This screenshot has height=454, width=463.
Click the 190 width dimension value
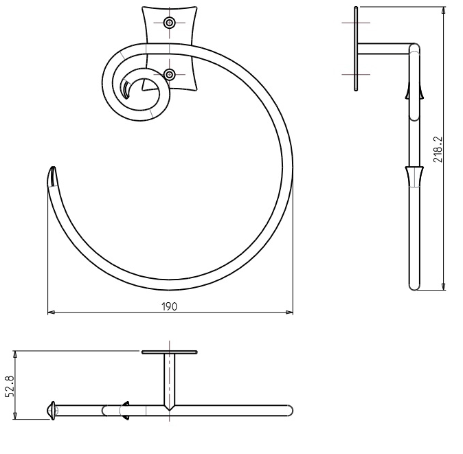[x=170, y=307]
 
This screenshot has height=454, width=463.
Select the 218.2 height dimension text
[x=438, y=149]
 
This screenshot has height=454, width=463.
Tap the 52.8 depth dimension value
[x=10, y=386]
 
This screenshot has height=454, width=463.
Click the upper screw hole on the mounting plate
[x=170, y=23]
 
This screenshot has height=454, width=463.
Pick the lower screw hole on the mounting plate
[x=170, y=74]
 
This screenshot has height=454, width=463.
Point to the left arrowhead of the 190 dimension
[x=52, y=312]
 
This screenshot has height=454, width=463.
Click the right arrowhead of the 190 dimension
[x=289, y=312]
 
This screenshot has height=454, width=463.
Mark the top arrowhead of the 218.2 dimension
[x=443, y=10]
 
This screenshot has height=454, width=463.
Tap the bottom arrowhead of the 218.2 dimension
[x=443, y=286]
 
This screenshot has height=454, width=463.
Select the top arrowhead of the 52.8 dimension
[x=15, y=355]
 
